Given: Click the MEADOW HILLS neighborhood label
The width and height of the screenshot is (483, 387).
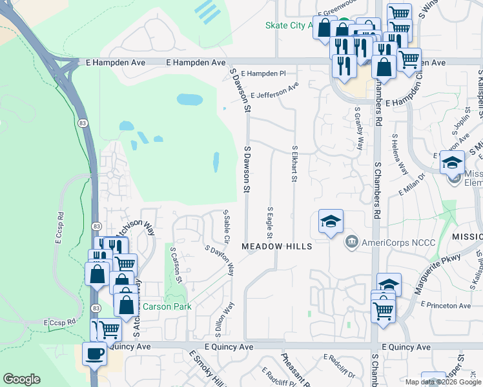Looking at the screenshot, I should pos(277,247).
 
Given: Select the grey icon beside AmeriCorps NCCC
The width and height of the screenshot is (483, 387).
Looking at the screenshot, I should pos(352,243).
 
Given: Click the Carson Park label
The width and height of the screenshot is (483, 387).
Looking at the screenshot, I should pos(167,306).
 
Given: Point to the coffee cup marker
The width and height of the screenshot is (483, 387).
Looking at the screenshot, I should pos(96,355).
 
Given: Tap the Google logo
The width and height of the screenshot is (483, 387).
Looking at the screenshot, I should pos(22,379).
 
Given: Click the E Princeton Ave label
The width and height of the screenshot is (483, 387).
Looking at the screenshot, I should pos(446,305).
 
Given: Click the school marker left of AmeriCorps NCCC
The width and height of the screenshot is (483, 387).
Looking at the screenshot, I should pos(331,223).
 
